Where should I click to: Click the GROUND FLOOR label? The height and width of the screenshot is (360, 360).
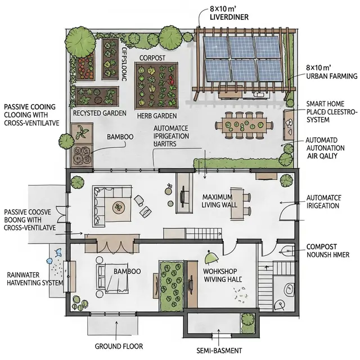(119, 346)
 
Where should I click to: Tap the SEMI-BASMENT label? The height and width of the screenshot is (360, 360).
(219, 350)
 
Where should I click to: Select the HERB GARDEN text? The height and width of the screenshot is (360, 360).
(157, 115)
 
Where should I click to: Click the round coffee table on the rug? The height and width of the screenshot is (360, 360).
(119, 208)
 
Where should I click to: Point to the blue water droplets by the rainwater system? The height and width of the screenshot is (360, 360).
(53, 260)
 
